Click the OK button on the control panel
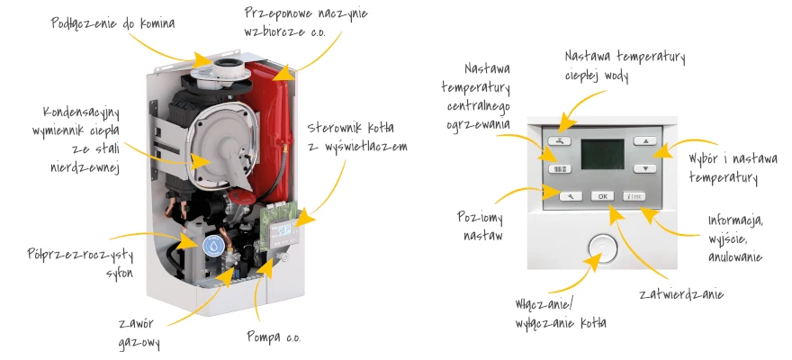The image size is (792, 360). pos(602,195)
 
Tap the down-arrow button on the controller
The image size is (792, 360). pos(644,168)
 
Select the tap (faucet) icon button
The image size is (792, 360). pos(559,141)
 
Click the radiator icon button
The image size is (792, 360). pos(559,168)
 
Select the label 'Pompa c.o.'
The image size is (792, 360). pos(274,337)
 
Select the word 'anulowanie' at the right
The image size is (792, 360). pos(734,256)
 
